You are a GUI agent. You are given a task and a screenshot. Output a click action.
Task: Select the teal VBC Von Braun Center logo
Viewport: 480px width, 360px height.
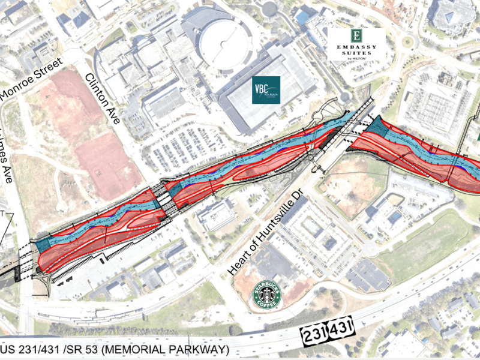[265, 90]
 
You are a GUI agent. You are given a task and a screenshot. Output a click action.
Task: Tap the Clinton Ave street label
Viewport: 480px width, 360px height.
[103, 98]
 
